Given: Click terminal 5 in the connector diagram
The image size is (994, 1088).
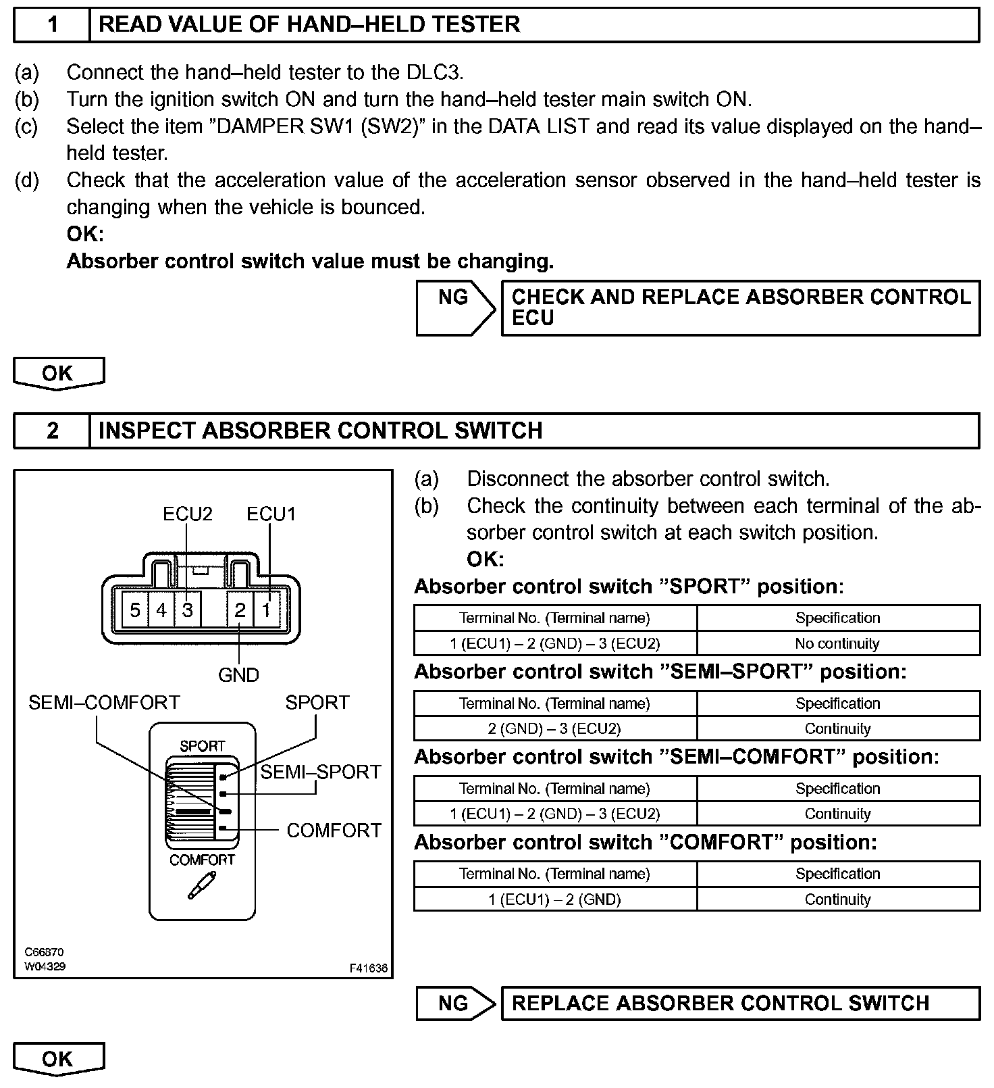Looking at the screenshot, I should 135,610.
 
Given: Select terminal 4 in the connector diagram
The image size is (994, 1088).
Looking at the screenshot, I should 161,610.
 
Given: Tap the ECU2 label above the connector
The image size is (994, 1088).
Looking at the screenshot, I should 188,514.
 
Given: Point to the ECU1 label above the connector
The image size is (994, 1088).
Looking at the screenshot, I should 271,514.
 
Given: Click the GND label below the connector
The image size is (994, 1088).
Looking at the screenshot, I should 238,674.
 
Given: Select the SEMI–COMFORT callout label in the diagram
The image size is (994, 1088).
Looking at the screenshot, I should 104,703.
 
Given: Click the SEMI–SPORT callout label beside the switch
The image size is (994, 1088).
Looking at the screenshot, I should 321,772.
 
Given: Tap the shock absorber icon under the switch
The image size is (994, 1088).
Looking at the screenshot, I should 201,885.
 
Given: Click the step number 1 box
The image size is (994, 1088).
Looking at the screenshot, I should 53,25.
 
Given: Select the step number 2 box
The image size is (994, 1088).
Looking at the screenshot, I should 53,431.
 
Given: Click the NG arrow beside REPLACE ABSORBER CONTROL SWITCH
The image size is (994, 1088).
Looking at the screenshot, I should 455,1004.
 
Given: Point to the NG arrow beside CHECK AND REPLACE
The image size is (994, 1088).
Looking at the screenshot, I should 455,307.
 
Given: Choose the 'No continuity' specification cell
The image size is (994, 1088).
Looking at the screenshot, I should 837,643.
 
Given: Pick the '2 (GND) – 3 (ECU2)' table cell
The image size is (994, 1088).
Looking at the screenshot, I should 554,728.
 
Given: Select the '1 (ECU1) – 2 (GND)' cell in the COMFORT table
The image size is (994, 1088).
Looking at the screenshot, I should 554,899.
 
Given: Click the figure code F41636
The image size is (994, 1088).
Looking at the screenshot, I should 369,968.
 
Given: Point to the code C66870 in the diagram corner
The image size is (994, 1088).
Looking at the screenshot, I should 45,953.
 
